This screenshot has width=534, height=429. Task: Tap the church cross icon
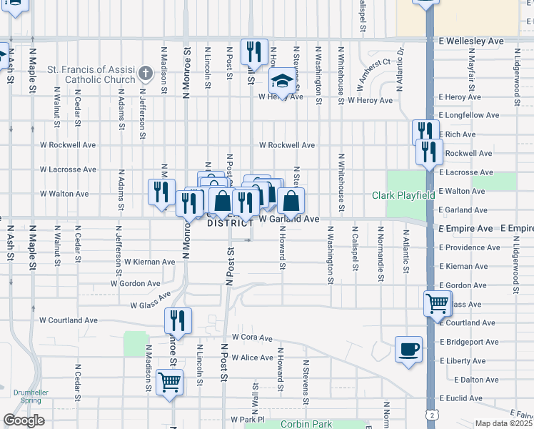146,73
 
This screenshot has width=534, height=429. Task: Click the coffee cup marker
408,350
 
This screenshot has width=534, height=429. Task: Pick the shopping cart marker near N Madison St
170,383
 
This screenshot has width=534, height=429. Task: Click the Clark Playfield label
403,195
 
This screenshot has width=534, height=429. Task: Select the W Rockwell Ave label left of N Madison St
69,144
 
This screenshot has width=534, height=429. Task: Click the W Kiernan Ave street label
149,262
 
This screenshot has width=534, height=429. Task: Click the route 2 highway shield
432,415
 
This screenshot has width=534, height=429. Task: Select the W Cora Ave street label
252,337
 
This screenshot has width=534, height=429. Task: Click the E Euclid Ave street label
463,398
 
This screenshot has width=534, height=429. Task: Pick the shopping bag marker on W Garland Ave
291,201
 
